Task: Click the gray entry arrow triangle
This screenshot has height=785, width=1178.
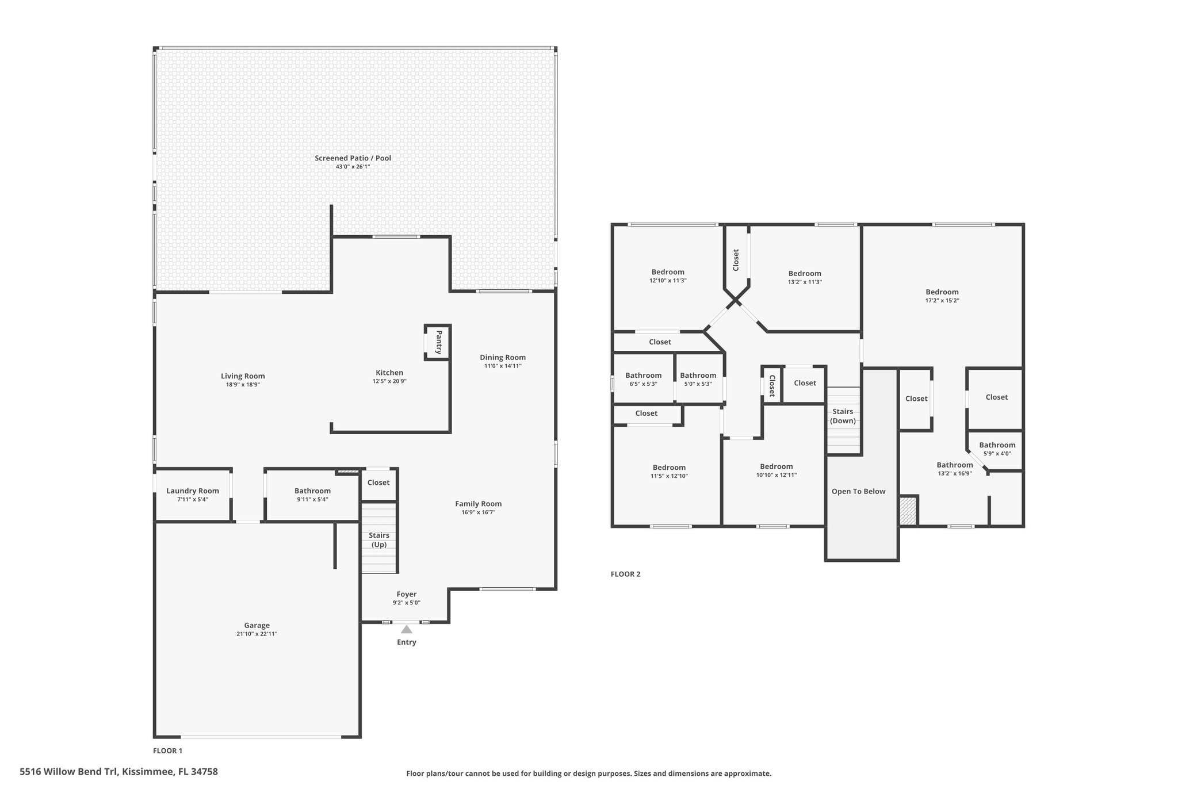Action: click(407, 629)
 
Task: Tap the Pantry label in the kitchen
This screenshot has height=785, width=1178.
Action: click(439, 342)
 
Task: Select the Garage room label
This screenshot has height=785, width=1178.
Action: click(257, 625)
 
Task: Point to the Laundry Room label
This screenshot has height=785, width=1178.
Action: click(193, 491)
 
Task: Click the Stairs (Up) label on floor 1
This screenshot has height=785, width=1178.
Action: click(378, 540)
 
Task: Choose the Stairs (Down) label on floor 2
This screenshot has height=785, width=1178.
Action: click(843, 416)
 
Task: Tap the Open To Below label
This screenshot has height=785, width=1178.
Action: click(858, 491)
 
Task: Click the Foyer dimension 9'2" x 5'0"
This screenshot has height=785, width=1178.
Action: click(407, 603)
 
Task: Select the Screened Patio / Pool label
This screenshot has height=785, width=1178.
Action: click(353, 158)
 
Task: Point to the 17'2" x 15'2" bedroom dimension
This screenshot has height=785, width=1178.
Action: click(942, 300)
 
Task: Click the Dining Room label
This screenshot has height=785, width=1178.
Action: click(503, 357)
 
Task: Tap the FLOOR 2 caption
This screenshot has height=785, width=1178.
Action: click(625, 574)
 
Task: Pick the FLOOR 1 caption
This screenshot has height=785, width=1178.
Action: click(167, 750)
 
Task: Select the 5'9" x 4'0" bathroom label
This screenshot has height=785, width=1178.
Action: click(997, 453)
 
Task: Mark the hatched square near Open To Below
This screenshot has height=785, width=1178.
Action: click(908, 511)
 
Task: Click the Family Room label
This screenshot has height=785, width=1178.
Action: click(479, 504)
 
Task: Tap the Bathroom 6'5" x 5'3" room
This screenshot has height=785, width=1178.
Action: click(643, 379)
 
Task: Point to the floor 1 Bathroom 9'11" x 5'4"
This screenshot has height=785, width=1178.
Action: click(312, 495)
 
